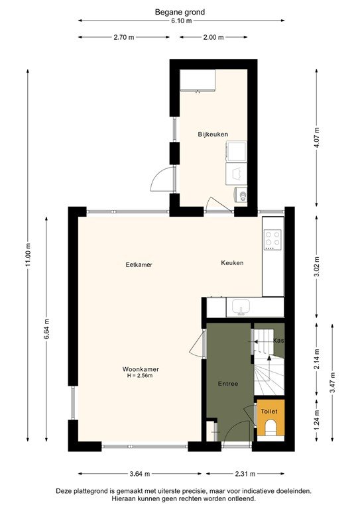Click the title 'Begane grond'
180,12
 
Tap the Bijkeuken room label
213,135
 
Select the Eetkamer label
139,264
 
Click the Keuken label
232,263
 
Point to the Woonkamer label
140,369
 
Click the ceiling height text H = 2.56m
140,376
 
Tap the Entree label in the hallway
228,384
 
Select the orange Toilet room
270,418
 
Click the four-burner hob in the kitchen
272,239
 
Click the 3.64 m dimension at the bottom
139,474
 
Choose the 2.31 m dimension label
245,474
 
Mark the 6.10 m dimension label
180,21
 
